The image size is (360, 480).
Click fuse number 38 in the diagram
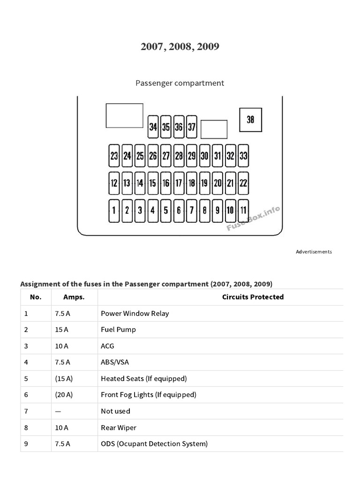click(250, 120)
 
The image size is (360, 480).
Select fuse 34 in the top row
click(153, 127)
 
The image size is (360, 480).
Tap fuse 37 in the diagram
click(191, 127)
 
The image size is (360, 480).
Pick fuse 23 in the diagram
click(114, 156)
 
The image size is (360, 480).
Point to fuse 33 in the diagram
click(243, 156)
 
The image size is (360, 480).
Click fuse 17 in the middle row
click(179, 183)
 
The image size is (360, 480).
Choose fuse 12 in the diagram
click(114, 183)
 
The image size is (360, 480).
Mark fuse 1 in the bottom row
click(114, 210)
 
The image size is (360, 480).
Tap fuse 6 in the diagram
click(179, 210)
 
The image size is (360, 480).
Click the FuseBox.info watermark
click(254, 219)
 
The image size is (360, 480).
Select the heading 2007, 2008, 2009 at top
click(180, 47)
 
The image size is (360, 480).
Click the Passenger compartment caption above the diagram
click(180, 83)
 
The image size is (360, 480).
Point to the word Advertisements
click(314, 252)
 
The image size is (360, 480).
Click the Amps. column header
click(74, 297)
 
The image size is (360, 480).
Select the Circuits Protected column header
click(253, 297)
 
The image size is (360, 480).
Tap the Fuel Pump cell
click(118, 330)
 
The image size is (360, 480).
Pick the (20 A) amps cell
click(64, 395)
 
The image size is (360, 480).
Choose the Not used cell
click(115, 411)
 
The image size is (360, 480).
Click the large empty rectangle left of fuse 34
click(124, 115)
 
